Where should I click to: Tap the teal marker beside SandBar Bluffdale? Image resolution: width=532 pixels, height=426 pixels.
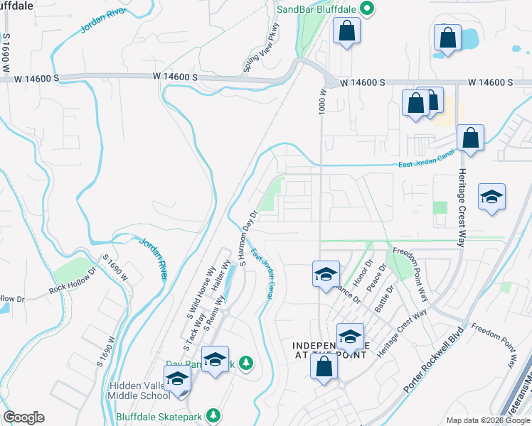367,9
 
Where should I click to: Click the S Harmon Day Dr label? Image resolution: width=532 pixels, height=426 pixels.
248,239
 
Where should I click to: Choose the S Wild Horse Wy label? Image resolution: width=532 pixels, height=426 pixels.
201,291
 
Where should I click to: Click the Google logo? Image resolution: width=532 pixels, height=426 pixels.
23,417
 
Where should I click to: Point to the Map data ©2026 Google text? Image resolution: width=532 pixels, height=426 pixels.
487,420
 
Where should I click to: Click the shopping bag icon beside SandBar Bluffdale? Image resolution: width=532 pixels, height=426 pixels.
347,31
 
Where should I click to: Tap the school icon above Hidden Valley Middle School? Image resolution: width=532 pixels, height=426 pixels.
177,379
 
